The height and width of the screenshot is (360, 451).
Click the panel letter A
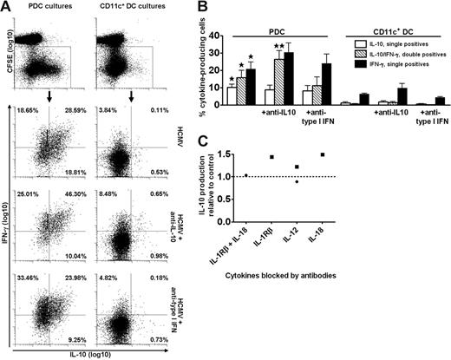click(7, 7)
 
